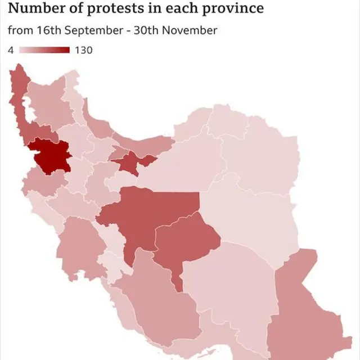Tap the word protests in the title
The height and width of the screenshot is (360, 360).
[95, 8]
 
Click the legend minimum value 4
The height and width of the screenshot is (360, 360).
[11, 50]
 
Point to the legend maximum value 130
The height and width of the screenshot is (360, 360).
[83, 50]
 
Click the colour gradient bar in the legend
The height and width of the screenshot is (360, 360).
[44, 50]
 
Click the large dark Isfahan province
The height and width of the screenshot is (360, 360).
[149, 217]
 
